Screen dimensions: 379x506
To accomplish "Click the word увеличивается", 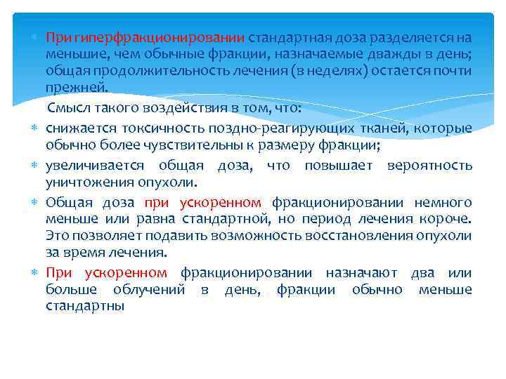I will (95, 165).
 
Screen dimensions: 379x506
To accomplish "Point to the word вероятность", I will (429, 165).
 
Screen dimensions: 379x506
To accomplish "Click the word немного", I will (442, 202).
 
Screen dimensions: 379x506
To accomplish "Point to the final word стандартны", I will (85, 306).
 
